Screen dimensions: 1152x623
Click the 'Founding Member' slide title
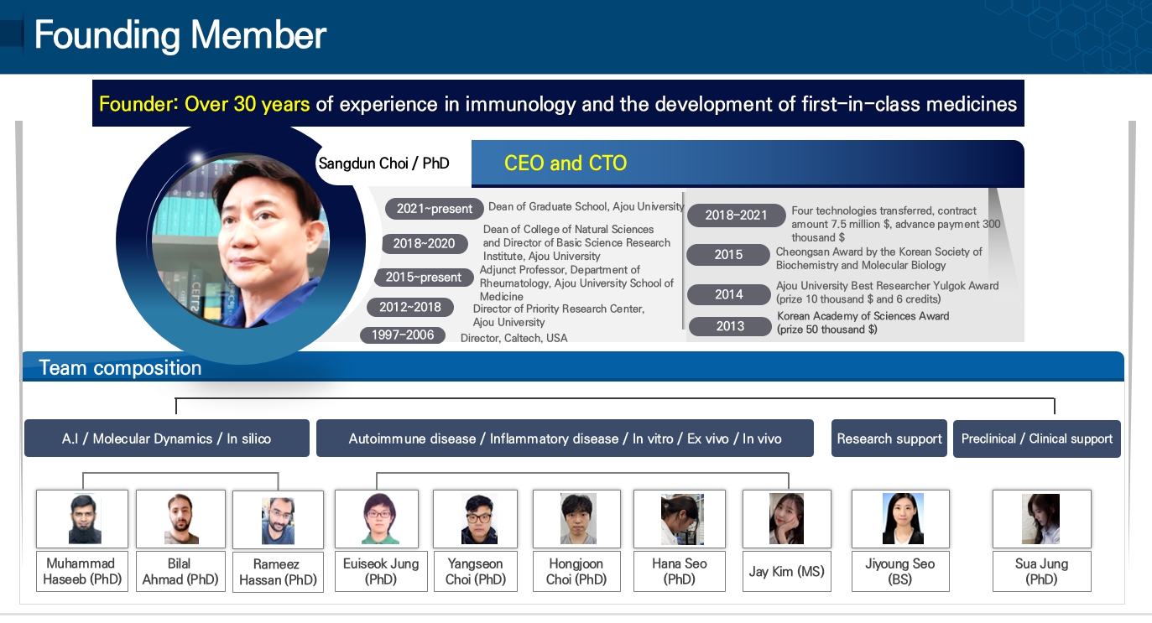coord(180,35)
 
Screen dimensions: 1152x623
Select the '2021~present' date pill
coord(434,209)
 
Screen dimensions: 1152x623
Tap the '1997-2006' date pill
coord(403,335)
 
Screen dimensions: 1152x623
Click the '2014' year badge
coord(729,294)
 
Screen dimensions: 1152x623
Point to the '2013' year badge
coord(730,326)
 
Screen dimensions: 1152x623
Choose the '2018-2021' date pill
coord(736,215)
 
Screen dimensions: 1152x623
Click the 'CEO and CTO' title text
coord(566,163)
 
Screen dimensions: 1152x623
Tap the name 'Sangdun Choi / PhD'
coord(383,164)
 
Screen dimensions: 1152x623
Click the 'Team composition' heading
coord(120,368)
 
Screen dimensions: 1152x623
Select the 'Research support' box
coord(889,439)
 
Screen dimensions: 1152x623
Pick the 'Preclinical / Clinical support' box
coord(1037,439)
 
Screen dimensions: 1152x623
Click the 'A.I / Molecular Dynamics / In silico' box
coord(167,439)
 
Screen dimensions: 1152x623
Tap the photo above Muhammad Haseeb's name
coord(82,519)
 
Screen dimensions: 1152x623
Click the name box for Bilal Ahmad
coord(180,572)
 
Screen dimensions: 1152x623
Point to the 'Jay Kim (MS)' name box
coord(787,572)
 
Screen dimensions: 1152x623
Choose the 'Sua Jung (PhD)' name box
coord(1041,572)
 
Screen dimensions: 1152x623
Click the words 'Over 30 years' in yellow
coord(247,104)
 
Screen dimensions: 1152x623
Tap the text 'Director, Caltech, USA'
coord(513,338)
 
